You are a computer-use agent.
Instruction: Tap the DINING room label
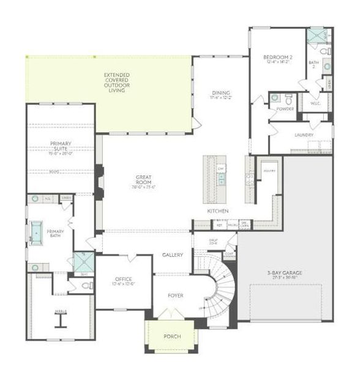point(221,95)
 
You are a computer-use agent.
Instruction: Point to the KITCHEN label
point(217,211)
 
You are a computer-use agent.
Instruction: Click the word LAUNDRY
point(304,135)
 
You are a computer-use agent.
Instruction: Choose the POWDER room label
point(285,109)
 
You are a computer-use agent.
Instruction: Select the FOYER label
point(176,296)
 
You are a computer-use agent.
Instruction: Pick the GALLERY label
point(173,254)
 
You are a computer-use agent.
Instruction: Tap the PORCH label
point(172,337)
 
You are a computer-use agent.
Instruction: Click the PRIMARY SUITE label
point(61,147)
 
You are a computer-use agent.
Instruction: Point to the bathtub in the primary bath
point(36,232)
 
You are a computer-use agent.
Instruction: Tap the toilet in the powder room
point(274,97)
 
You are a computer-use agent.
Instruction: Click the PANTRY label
point(267,171)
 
